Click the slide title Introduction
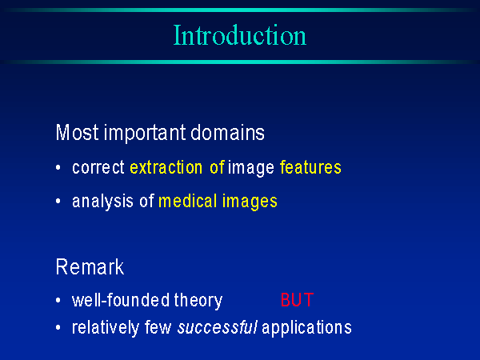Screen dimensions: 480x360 (240, 35)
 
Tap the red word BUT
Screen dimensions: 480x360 (297, 300)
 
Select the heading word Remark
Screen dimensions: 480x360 (90, 266)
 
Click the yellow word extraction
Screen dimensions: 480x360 (166, 167)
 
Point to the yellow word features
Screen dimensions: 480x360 (310, 167)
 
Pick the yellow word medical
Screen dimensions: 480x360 (188, 201)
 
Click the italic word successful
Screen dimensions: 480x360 (218, 327)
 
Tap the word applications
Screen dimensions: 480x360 (306, 328)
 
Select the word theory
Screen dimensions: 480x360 (198, 301)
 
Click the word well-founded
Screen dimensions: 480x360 (121, 300)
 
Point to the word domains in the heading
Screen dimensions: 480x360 (227, 133)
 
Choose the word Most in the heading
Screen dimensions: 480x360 (78, 133)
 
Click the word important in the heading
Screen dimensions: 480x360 (145, 134)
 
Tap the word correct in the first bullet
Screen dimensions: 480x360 (98, 168)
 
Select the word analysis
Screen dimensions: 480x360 (102, 202)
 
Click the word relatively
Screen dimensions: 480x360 (106, 327)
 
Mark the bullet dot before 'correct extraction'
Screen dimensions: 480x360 (58, 167)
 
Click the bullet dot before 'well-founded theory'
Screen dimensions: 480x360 (58, 300)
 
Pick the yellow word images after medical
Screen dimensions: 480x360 (250, 202)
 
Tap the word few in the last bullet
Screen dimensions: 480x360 (158, 327)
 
